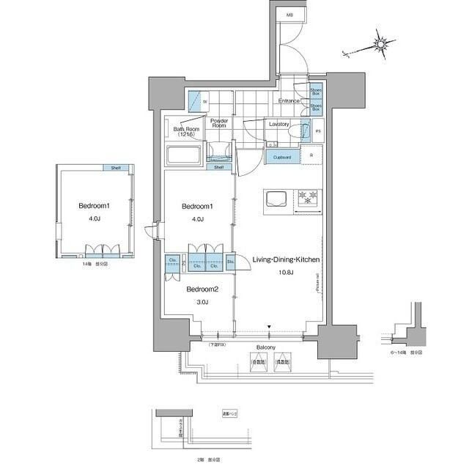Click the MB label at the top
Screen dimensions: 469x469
click(x=289, y=15)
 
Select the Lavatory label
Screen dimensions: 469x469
click(x=279, y=125)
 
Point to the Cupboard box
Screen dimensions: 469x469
click(x=282, y=158)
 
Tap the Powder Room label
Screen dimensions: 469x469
click(x=219, y=123)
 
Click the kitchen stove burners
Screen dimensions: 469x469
click(x=308, y=197)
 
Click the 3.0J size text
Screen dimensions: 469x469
click(x=202, y=302)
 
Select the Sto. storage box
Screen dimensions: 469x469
click(x=230, y=262)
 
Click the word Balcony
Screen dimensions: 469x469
click(x=266, y=348)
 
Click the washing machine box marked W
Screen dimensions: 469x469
click(x=197, y=102)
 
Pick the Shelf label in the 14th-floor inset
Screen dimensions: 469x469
click(x=116, y=168)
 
